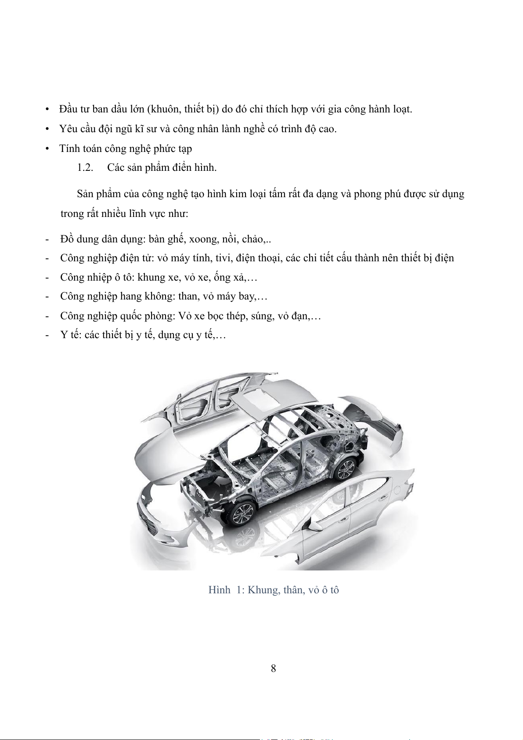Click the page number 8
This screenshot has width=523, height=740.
(273, 668)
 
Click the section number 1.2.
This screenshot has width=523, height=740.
(85, 168)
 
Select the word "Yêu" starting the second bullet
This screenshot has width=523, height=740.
(68, 129)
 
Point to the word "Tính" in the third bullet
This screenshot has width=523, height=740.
(69, 148)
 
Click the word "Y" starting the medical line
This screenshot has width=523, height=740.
(64, 335)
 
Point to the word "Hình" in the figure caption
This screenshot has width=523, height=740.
(219, 590)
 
